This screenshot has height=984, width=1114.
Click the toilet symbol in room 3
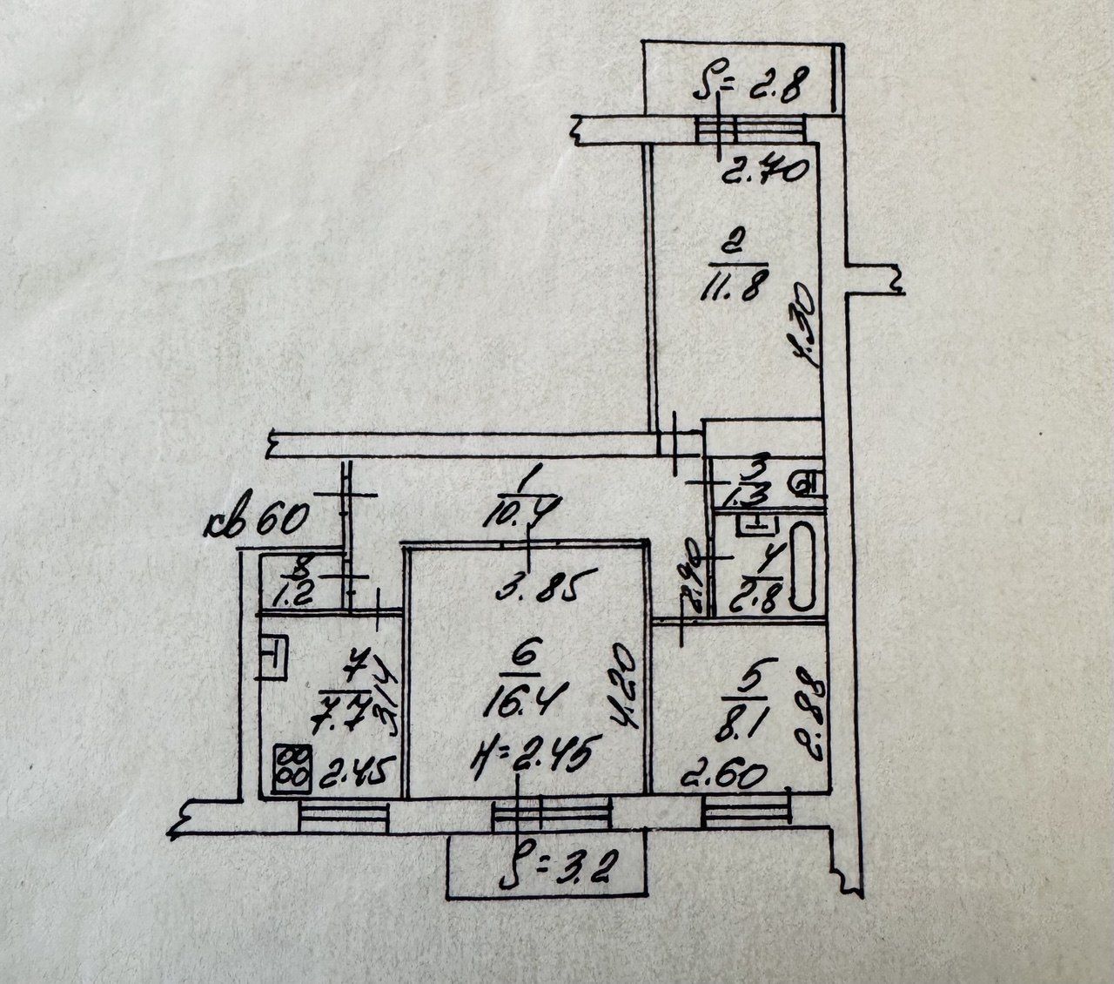click(x=809, y=482)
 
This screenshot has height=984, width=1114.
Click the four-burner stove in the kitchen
click(x=287, y=768)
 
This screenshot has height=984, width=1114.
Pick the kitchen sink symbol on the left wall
click(x=272, y=659)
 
